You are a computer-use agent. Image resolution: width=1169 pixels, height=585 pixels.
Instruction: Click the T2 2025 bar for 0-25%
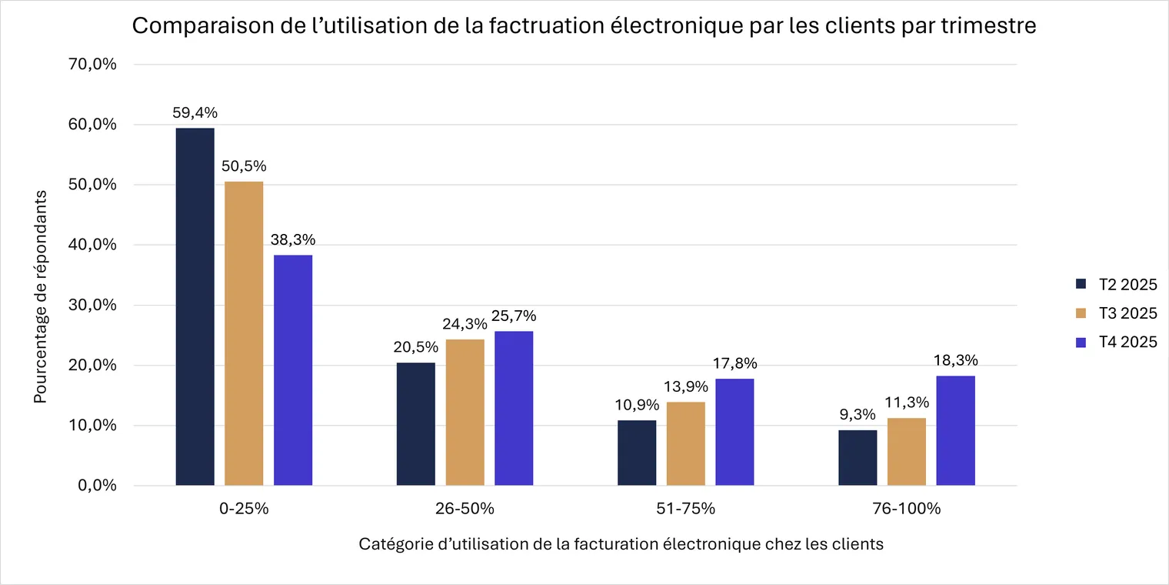pyautogui.click(x=195, y=306)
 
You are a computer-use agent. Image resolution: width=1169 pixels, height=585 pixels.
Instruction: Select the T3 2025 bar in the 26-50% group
pyautogui.click(x=465, y=412)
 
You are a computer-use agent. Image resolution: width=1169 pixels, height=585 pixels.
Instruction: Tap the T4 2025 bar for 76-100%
pyautogui.click(x=955, y=430)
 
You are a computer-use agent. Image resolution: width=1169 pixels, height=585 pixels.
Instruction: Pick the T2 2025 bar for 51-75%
pyautogui.click(x=637, y=453)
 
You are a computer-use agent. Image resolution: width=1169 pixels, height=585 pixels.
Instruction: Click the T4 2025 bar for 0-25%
pyautogui.click(x=293, y=370)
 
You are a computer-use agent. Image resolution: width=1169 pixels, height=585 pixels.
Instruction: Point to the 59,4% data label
pyautogui.click(x=195, y=112)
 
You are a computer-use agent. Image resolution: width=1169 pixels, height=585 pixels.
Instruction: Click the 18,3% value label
pyautogui.click(x=955, y=360)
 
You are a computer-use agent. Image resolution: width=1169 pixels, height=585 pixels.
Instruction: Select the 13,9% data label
pyautogui.click(x=686, y=386)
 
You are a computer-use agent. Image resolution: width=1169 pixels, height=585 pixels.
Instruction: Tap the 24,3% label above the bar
pyautogui.click(x=465, y=324)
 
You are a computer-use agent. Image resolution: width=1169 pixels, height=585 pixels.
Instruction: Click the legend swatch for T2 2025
pyautogui.click(x=1081, y=284)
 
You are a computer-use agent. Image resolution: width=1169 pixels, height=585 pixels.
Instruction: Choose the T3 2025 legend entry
pyautogui.click(x=1116, y=313)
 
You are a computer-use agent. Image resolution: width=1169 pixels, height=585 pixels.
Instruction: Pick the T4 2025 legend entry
pyautogui.click(x=1116, y=342)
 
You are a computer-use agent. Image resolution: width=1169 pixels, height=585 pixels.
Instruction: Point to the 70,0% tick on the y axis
pyautogui.click(x=92, y=64)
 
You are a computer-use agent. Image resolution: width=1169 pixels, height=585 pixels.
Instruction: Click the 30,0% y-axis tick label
pyautogui.click(x=92, y=305)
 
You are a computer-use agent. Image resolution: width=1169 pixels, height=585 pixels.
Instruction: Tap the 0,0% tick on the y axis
pyautogui.click(x=97, y=485)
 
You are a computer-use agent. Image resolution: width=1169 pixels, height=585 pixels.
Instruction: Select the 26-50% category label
pyautogui.click(x=465, y=508)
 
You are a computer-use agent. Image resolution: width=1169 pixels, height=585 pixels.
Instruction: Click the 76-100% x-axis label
pyautogui.click(x=907, y=508)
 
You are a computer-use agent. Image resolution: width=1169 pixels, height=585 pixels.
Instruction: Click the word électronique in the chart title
pyautogui.click(x=677, y=25)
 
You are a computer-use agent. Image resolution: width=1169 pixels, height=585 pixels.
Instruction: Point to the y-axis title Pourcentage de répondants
pyautogui.click(x=40, y=296)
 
